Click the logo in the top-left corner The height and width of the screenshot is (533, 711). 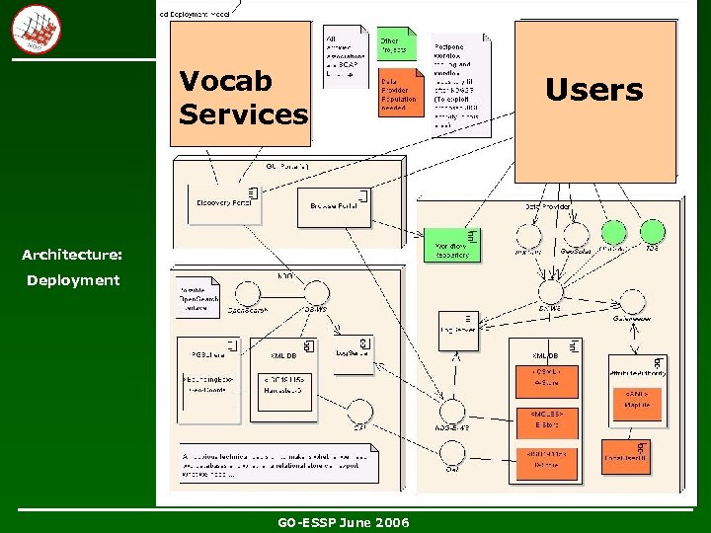36,29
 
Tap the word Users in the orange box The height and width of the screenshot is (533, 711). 593,91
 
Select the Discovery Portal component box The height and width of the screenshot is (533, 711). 224,203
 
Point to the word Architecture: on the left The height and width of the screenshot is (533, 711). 72,255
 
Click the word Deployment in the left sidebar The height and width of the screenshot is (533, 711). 73,280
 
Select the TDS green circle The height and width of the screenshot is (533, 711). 652,233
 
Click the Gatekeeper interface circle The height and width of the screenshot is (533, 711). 628,300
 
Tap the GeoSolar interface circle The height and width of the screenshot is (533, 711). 574,235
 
